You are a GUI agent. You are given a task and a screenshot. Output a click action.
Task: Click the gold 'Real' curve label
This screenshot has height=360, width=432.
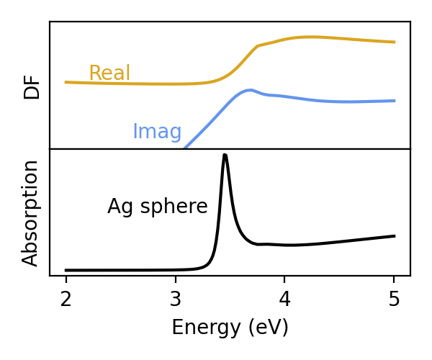click(109, 73)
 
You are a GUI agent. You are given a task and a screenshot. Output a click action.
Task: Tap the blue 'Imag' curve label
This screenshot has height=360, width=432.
click(157, 132)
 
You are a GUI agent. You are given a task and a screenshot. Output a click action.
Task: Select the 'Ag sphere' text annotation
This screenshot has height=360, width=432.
click(157, 207)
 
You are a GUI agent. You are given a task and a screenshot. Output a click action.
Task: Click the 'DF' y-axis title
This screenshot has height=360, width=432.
click(32, 86)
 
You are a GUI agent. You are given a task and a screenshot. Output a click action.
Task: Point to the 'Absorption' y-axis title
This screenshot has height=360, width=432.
click(30, 212)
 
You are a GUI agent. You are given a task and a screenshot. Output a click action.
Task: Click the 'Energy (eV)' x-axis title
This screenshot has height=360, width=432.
click(230, 328)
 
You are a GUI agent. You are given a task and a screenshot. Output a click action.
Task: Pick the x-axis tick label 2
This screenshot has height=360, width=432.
click(66, 299)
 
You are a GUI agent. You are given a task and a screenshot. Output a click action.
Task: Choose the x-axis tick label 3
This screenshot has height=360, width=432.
click(175, 299)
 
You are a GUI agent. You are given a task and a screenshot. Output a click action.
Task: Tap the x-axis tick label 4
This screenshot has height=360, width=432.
click(284, 299)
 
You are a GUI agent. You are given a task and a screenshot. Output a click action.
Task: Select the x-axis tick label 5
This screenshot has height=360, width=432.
click(394, 299)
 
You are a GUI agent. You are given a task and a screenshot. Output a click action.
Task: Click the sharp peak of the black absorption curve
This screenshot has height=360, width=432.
click(225, 155)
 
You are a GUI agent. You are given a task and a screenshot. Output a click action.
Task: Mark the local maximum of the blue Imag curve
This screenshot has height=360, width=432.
click(249, 90)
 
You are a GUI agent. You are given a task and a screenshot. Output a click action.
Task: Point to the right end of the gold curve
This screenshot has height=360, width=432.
click(395, 42)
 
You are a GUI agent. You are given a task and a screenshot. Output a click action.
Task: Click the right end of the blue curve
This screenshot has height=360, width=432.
click(395, 101)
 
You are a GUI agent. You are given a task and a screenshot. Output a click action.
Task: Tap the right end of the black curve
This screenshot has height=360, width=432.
click(395, 235)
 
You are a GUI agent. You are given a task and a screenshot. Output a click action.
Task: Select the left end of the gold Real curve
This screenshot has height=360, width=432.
click(66, 82)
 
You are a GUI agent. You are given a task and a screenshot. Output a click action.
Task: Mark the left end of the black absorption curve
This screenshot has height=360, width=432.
click(66, 270)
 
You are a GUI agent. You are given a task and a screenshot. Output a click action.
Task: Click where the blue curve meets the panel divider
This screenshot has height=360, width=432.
click(185, 148)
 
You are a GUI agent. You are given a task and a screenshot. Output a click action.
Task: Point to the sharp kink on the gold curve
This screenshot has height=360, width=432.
click(257, 46)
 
